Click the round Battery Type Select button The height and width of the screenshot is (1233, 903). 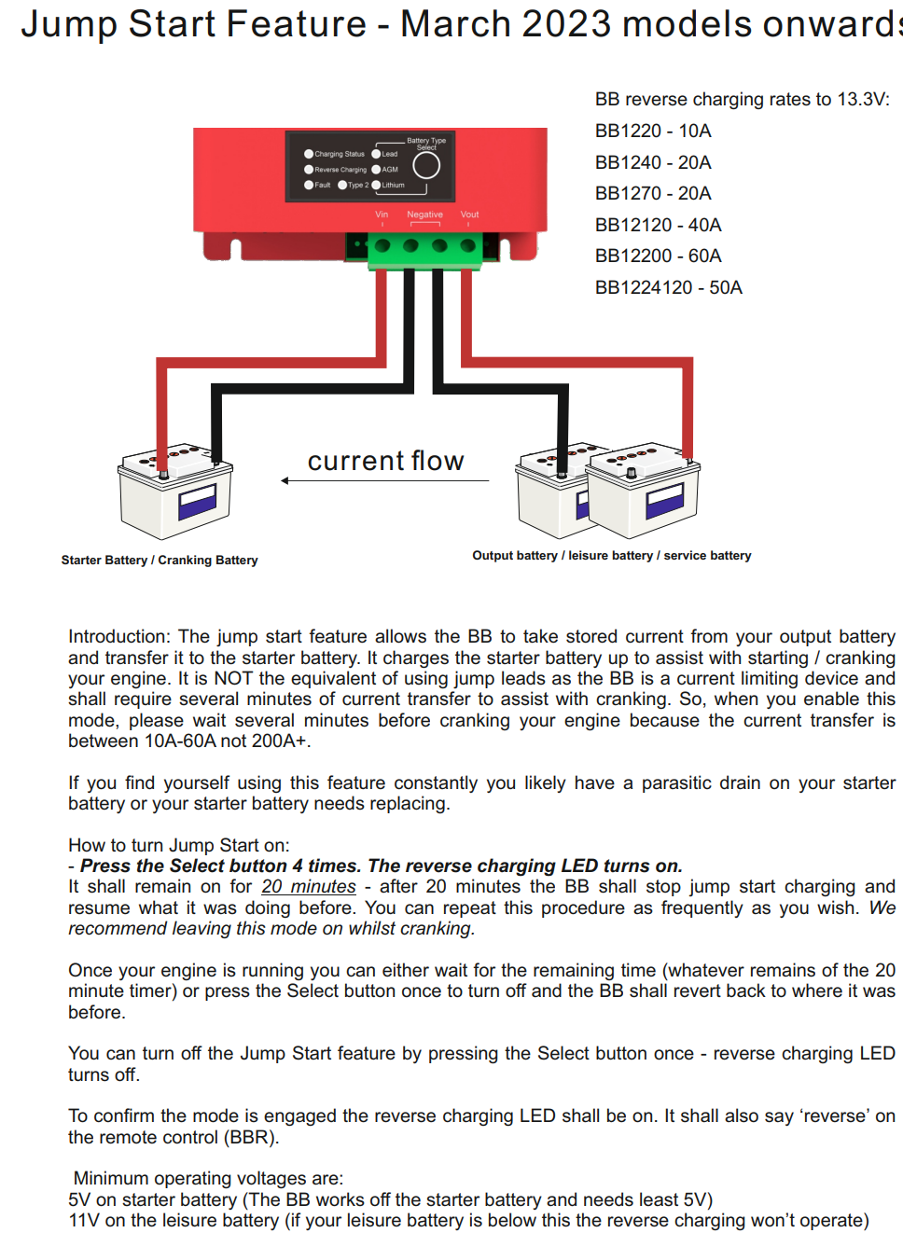(x=426, y=165)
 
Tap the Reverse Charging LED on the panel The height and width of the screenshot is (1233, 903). (x=309, y=170)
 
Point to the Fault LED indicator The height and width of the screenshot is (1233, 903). (x=309, y=185)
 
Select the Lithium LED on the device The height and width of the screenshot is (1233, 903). (x=377, y=185)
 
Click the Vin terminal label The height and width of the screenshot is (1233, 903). (x=382, y=215)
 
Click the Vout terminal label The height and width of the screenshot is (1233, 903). (x=469, y=215)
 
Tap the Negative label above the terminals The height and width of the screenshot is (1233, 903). (x=424, y=215)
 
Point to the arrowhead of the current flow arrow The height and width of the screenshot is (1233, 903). (x=285, y=480)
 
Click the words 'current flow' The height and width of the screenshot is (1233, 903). (x=385, y=461)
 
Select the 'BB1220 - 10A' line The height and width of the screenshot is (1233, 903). (x=653, y=131)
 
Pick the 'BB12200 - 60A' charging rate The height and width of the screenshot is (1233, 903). (x=658, y=256)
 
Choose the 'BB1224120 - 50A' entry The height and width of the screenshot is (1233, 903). (x=668, y=287)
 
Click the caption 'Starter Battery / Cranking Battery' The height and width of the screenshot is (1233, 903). (x=160, y=560)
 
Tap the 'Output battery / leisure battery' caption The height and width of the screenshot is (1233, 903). (x=611, y=555)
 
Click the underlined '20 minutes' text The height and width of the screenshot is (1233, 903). (x=309, y=886)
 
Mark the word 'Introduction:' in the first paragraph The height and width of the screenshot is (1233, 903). (x=119, y=636)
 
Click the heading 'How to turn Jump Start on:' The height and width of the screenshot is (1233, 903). (x=178, y=845)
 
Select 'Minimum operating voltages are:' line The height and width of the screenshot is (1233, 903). (x=208, y=1178)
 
